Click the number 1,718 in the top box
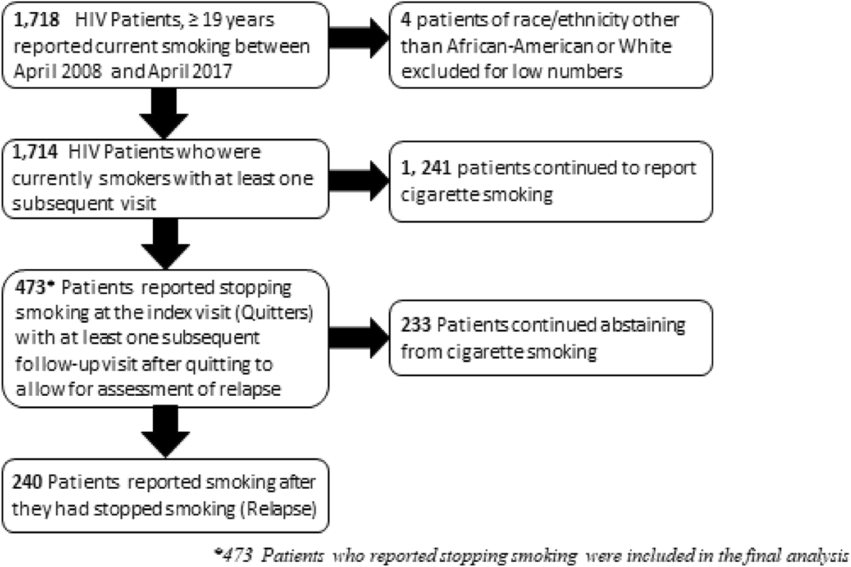pos(36,20)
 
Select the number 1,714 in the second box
pos(35,152)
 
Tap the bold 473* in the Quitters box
pos(35,287)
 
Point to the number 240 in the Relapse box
pos(27,482)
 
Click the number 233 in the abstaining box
pos(416,325)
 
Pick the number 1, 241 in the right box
pos(426,168)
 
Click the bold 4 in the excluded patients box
pos(406,20)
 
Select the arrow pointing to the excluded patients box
pos(359,38)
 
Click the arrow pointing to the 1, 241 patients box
pos(359,181)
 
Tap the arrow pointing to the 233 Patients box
pos(359,338)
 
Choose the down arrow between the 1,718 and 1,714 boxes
pos(164,114)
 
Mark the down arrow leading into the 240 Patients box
pos(166,432)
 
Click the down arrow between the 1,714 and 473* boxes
pos(166,244)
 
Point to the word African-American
pos(519,46)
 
